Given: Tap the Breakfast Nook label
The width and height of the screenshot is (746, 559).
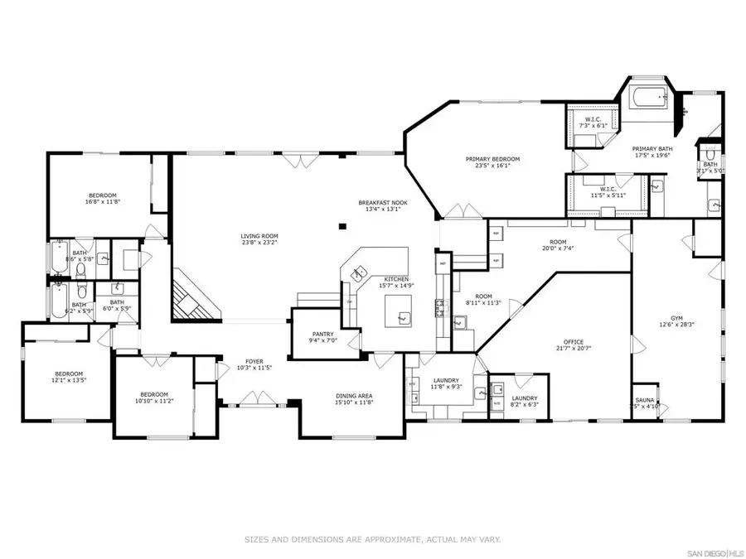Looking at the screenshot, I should [x=380, y=205].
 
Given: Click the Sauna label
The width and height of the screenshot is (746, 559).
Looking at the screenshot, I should [x=646, y=402].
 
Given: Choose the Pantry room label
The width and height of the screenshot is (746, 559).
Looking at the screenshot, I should [x=323, y=336].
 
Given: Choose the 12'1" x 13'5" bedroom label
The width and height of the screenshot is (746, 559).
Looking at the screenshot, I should [x=69, y=377].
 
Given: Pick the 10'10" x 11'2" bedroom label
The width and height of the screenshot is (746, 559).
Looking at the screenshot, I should [x=154, y=397].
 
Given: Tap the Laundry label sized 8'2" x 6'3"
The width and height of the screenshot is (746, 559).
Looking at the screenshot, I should [x=524, y=401].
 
